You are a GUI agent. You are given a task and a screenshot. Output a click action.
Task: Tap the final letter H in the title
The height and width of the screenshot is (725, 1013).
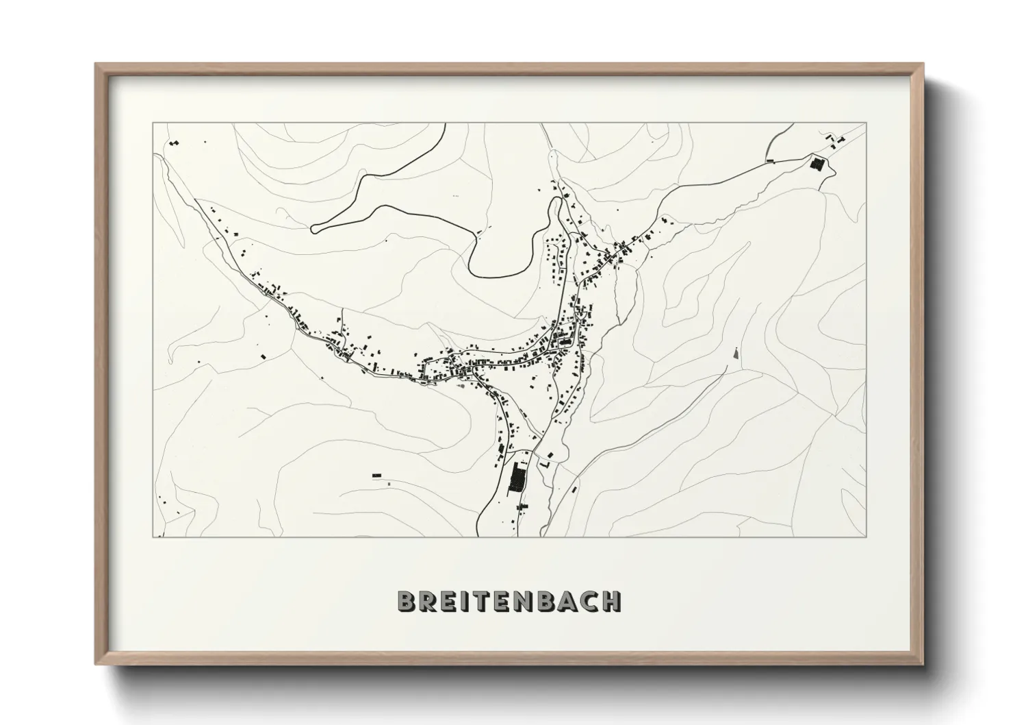[x=611, y=601]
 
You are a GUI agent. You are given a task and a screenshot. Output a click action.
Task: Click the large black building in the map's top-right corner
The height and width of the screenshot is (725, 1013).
[x=816, y=164]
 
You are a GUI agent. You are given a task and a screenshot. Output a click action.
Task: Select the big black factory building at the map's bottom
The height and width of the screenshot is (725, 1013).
[x=518, y=477]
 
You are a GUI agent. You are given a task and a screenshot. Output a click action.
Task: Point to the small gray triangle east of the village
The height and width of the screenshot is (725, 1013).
[x=736, y=354]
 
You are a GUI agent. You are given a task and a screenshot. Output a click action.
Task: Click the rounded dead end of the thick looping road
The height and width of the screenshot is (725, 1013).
[x=315, y=229]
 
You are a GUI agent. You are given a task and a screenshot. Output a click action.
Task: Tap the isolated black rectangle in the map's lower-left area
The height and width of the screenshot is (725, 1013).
[x=376, y=474]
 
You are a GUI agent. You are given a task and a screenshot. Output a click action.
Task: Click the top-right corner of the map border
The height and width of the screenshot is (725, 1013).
[x=866, y=123]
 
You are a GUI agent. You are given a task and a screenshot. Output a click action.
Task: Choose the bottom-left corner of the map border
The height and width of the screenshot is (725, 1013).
[x=153, y=537]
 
